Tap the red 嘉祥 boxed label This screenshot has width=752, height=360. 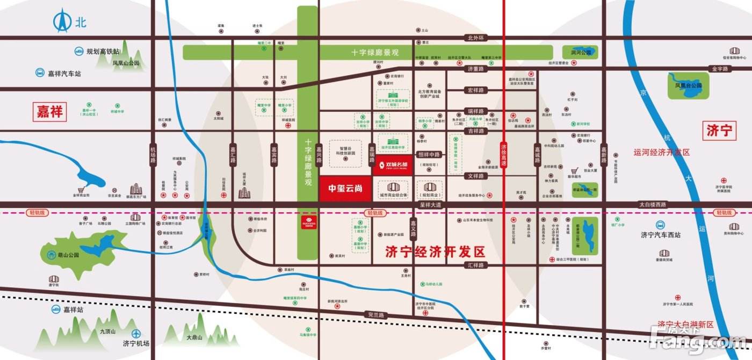49,112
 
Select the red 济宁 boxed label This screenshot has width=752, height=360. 719,131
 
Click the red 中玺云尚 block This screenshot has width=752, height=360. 345,189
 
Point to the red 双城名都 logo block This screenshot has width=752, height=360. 393,164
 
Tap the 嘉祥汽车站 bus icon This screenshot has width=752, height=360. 40,73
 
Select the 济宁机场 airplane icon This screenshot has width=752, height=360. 138,334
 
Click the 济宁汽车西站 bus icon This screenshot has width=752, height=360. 660,225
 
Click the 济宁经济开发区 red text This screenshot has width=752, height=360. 435,251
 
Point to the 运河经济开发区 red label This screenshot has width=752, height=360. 661,153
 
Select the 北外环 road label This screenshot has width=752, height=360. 476,38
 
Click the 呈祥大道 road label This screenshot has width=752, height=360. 430,205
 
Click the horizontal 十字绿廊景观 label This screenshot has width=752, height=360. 375,53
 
